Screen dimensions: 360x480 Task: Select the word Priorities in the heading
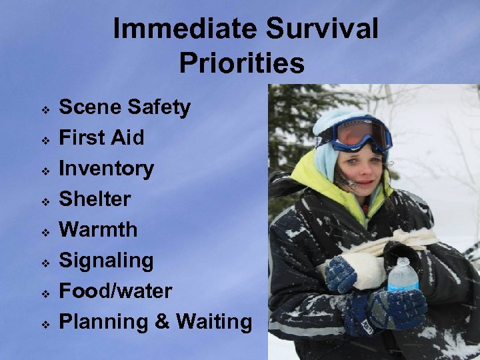point(241,64)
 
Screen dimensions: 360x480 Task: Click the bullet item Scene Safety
point(125,107)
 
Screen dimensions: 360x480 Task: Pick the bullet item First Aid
point(101,138)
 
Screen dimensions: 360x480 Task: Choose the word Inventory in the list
point(107,169)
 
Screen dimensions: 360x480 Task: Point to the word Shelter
point(95,199)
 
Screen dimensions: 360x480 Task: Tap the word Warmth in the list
point(99,230)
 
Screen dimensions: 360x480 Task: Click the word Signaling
point(107,261)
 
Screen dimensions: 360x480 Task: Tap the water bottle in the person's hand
point(403,279)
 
